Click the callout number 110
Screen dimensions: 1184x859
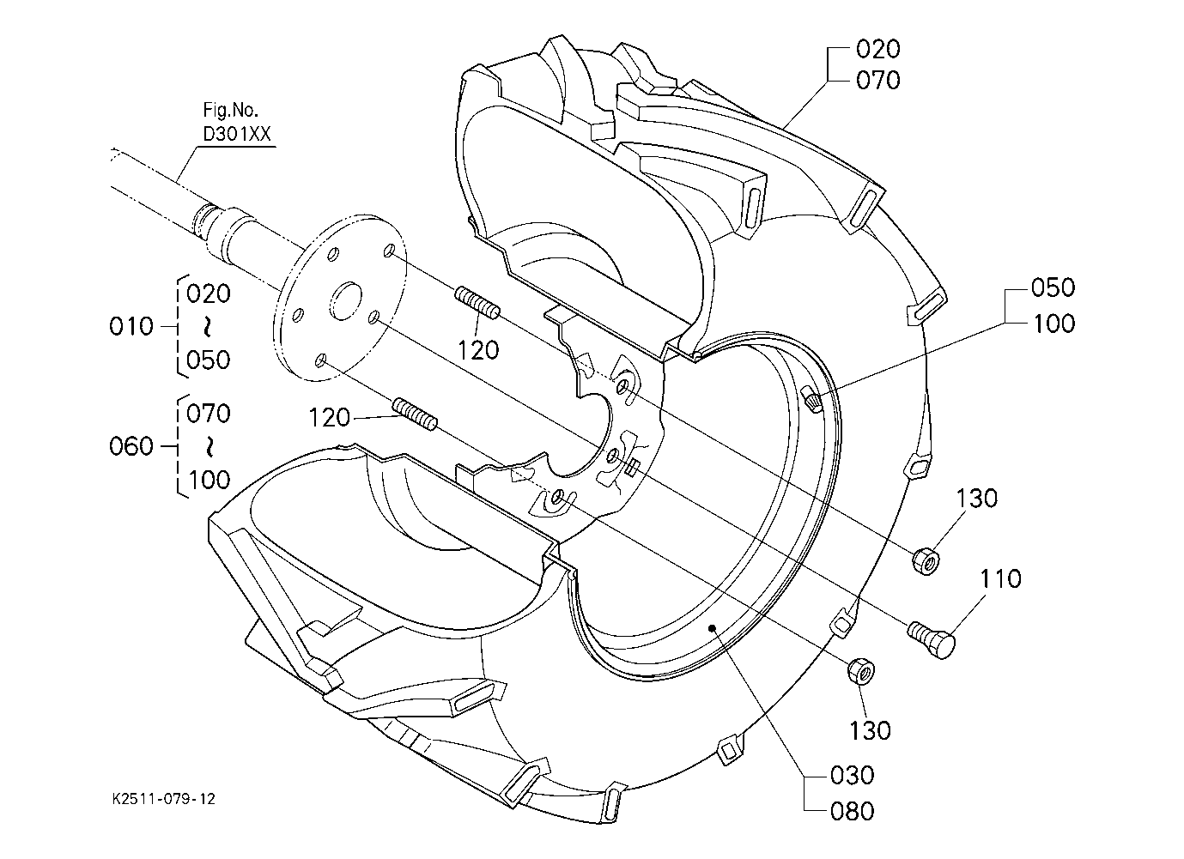click(x=1000, y=579)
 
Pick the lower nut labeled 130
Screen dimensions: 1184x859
click(x=860, y=671)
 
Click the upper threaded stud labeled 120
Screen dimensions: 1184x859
click(x=477, y=303)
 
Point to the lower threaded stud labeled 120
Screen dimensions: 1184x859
click(x=416, y=414)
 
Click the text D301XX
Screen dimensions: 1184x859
click(x=237, y=134)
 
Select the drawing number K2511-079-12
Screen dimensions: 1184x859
click(x=164, y=798)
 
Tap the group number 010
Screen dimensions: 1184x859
click(x=131, y=326)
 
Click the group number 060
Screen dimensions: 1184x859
click(x=131, y=446)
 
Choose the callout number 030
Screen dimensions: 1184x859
click(x=852, y=775)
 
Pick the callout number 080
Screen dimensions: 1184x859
click(x=852, y=811)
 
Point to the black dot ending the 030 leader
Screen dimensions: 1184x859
click(x=713, y=627)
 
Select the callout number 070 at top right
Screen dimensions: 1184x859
click(x=878, y=81)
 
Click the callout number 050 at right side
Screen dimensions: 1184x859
click(x=1053, y=287)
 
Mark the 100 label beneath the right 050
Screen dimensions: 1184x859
click(x=1053, y=324)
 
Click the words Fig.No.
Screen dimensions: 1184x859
click(x=230, y=110)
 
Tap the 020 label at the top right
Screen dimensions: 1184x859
click(x=878, y=49)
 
